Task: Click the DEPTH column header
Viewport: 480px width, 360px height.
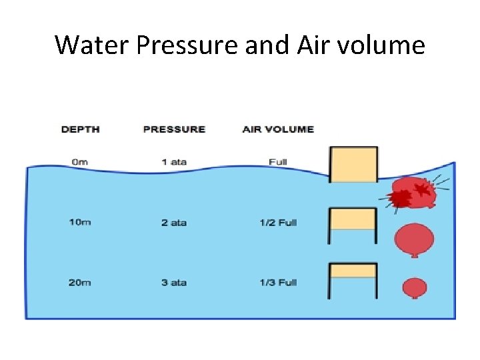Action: click(80, 129)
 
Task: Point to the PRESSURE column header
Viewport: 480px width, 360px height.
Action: click(174, 129)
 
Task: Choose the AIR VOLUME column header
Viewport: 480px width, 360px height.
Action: click(278, 129)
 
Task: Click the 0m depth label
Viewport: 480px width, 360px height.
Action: click(79, 162)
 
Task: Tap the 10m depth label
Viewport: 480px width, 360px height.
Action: click(79, 222)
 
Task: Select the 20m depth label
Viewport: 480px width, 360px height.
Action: click(79, 283)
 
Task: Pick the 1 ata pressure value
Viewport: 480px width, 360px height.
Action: click(174, 162)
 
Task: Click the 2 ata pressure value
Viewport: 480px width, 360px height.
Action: click(174, 222)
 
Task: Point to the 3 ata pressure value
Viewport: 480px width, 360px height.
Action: click(174, 283)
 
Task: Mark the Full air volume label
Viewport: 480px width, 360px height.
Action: click(278, 162)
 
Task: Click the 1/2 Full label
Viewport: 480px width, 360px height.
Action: click(278, 222)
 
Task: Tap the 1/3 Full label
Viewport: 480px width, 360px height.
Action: click(278, 283)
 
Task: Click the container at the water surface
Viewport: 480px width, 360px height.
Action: click(354, 164)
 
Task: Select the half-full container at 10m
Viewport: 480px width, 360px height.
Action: click(353, 225)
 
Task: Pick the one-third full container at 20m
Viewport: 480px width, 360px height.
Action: click(353, 280)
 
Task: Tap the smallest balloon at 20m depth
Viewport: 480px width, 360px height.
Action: click(415, 287)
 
